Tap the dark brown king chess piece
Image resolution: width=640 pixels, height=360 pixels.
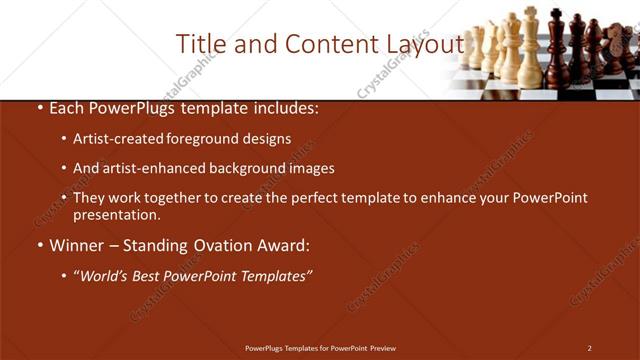(557, 50)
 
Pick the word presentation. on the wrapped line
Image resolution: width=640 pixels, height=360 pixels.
(116, 214)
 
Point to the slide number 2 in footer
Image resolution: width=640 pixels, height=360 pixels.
(589, 347)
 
